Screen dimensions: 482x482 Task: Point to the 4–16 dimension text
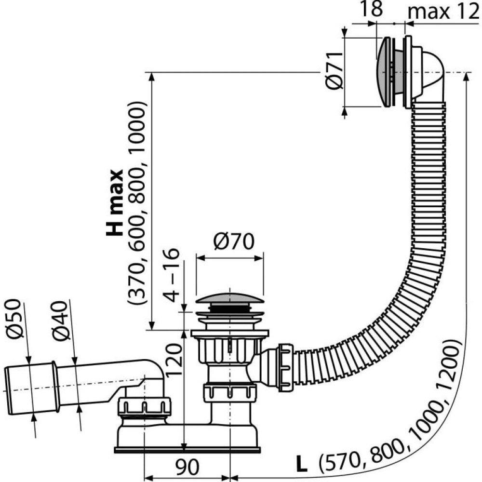click(x=172, y=275)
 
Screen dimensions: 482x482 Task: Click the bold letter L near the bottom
click(x=301, y=465)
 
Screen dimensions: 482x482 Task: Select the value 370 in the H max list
click(x=137, y=289)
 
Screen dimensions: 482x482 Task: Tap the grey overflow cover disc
click(x=384, y=72)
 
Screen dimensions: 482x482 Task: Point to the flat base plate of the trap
click(x=188, y=450)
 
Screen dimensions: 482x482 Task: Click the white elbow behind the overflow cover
click(x=429, y=77)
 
